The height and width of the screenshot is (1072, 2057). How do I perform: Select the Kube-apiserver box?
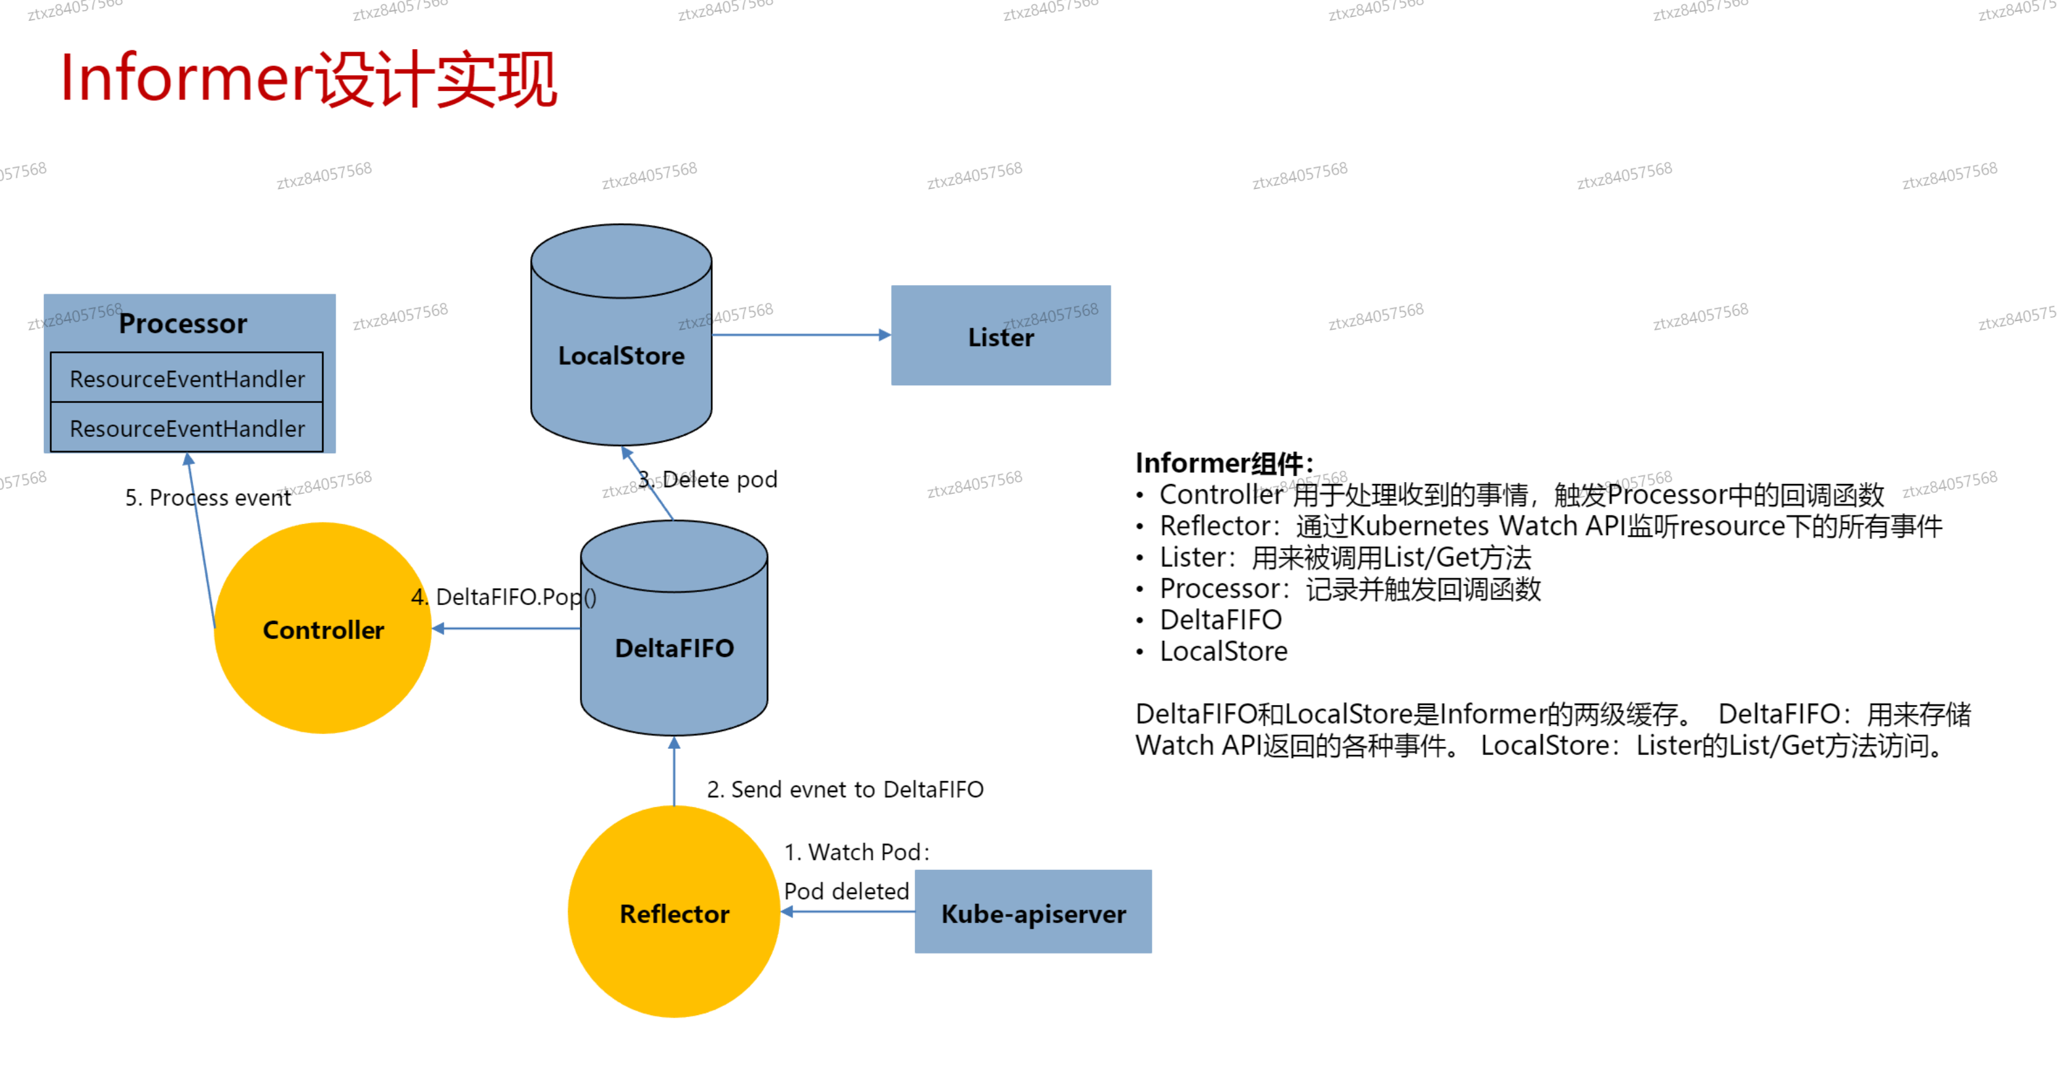click(1033, 912)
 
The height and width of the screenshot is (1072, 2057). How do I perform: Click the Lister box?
click(1000, 336)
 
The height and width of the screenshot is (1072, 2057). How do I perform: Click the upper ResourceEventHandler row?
click(187, 378)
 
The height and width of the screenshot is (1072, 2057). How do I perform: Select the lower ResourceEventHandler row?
click(187, 428)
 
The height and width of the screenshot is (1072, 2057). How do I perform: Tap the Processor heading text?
click(183, 323)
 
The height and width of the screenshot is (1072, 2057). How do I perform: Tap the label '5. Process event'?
click(207, 497)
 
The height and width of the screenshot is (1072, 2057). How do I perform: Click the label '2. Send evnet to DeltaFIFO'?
click(845, 789)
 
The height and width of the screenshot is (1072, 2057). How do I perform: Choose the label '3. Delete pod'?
click(708, 479)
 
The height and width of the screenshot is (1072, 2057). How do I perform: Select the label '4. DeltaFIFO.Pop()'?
click(504, 597)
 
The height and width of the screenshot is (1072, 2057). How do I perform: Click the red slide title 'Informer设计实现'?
click(308, 79)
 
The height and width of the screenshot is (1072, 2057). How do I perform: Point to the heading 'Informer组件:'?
click(1223, 463)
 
